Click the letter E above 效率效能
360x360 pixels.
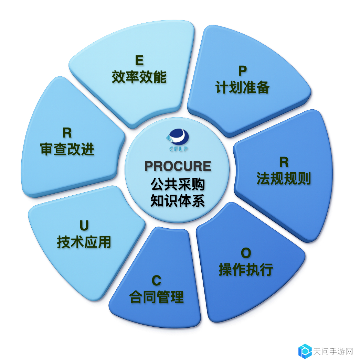pos(139,61)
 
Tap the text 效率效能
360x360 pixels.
pos(139,77)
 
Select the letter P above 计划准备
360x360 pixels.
pos(243,71)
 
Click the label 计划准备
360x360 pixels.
pos(242,87)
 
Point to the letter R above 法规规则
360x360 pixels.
pos(284,162)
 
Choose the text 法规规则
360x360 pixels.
pos(284,178)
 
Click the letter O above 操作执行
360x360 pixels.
pos(246,253)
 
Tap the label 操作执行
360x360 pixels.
pos(246,269)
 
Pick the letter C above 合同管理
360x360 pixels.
pos(157,281)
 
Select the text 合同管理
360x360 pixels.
pos(156,297)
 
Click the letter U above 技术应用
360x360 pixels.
pos(84,226)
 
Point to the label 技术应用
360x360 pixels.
pos(84,242)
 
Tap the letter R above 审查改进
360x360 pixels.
pos(67,133)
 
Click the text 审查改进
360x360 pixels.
pos(67,149)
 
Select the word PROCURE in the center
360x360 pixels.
pos(178,166)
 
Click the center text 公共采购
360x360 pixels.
pos(178,184)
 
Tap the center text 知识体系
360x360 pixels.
pos(178,201)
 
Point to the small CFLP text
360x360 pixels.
pos(179,149)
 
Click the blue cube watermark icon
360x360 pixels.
pos(305,351)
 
